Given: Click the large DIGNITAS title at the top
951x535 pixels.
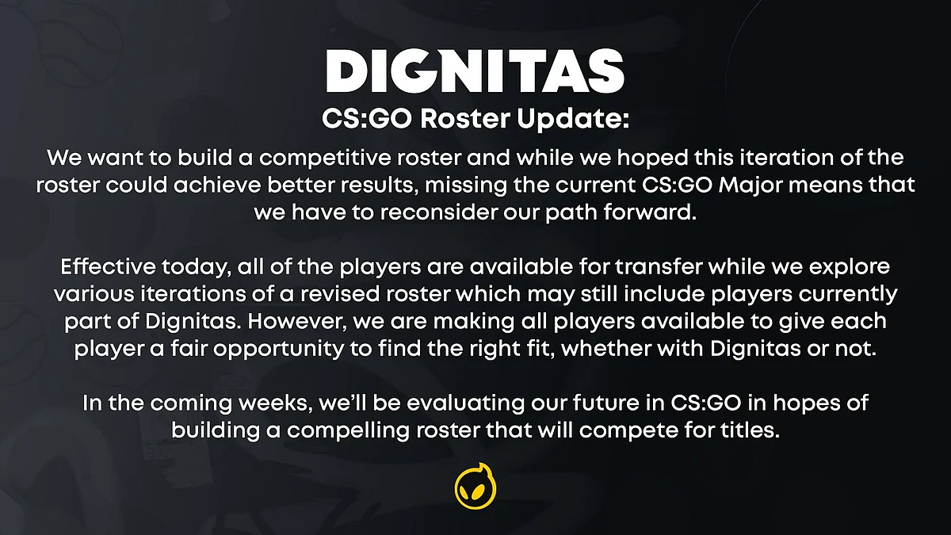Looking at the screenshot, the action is [475, 71].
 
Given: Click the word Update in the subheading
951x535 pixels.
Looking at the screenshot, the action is [573, 118].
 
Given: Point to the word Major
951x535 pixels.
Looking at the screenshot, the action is [750, 185].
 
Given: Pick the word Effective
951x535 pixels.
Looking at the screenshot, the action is [109, 266].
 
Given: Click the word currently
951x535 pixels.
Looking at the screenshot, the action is [848, 295].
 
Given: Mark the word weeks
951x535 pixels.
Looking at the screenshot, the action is [276, 403].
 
